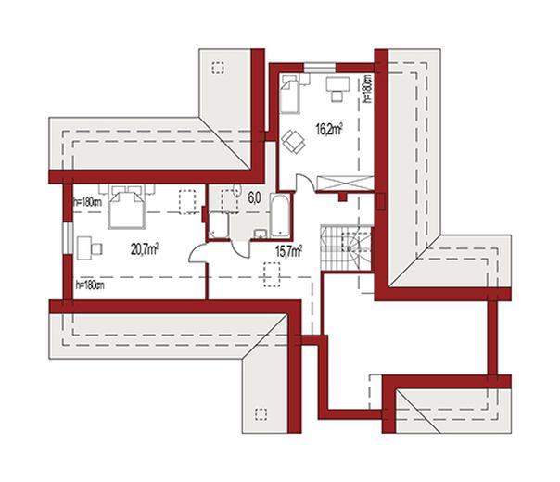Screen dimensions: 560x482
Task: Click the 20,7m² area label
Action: [145, 248]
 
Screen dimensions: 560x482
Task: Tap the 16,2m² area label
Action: [329, 129]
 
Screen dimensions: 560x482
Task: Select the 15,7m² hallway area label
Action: [288, 251]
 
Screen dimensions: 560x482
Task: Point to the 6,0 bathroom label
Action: [255, 197]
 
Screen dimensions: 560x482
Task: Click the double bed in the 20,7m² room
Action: [127, 207]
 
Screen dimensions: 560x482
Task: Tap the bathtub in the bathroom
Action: [280, 216]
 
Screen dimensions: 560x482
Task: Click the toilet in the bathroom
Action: [236, 189]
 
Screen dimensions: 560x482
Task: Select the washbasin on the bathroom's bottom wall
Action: [260, 234]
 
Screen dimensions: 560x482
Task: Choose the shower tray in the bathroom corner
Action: [219, 225]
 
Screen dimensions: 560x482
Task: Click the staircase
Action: [346, 247]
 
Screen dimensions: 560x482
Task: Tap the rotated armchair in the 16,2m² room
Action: [293, 142]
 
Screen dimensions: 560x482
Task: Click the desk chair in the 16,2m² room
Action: [336, 95]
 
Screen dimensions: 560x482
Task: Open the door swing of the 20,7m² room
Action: [197, 253]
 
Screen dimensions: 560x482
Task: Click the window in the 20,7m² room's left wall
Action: [67, 239]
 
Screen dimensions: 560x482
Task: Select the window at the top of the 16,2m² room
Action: [320, 68]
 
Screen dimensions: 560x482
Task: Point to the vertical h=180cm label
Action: [367, 89]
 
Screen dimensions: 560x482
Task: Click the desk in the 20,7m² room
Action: [84, 248]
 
